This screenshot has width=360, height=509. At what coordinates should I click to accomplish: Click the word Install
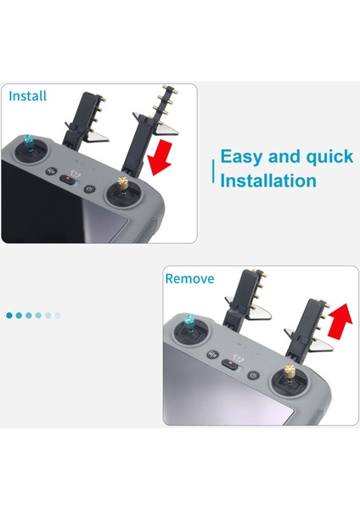pyautogui.click(x=28, y=96)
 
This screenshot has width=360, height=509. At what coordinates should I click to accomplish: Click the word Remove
pyautogui.click(x=189, y=278)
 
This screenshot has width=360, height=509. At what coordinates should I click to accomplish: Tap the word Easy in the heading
pyautogui.click(x=241, y=157)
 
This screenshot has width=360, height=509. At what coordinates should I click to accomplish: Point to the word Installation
pyautogui.click(x=268, y=181)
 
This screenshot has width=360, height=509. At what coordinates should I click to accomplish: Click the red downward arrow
pyautogui.click(x=160, y=157)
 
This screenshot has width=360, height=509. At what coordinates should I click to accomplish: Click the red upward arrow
pyautogui.click(x=340, y=321)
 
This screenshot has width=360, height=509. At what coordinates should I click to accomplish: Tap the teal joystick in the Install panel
pyautogui.click(x=29, y=143)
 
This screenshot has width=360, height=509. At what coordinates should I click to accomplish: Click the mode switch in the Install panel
pyautogui.click(x=68, y=178)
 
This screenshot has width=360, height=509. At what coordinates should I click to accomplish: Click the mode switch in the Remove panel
pyautogui.click(x=230, y=364)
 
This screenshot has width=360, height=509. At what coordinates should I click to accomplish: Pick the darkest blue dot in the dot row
pyautogui.click(x=9, y=316)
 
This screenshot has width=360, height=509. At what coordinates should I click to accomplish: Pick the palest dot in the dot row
pyautogui.click(x=58, y=316)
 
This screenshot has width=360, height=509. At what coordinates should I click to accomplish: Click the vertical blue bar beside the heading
pyautogui.click(x=213, y=171)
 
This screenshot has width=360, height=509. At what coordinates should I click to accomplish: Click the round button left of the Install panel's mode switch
pyautogui.click(x=51, y=171)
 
